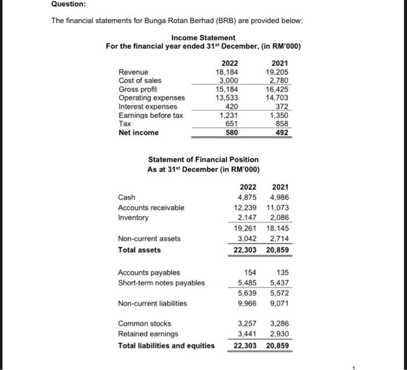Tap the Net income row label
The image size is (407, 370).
coord(138,133)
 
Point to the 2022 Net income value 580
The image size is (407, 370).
coord(231,133)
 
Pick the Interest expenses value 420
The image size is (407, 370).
coord(231,106)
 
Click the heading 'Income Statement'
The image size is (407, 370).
coord(203,38)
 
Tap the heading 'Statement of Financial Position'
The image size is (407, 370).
coord(203,159)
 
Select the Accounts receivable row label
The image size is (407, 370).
coord(151,208)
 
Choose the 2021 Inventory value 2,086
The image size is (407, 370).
coord(279,218)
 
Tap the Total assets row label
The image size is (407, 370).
coord(140,250)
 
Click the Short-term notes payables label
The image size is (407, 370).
coord(161,283)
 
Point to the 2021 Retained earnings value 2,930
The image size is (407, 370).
coord(279,333)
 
